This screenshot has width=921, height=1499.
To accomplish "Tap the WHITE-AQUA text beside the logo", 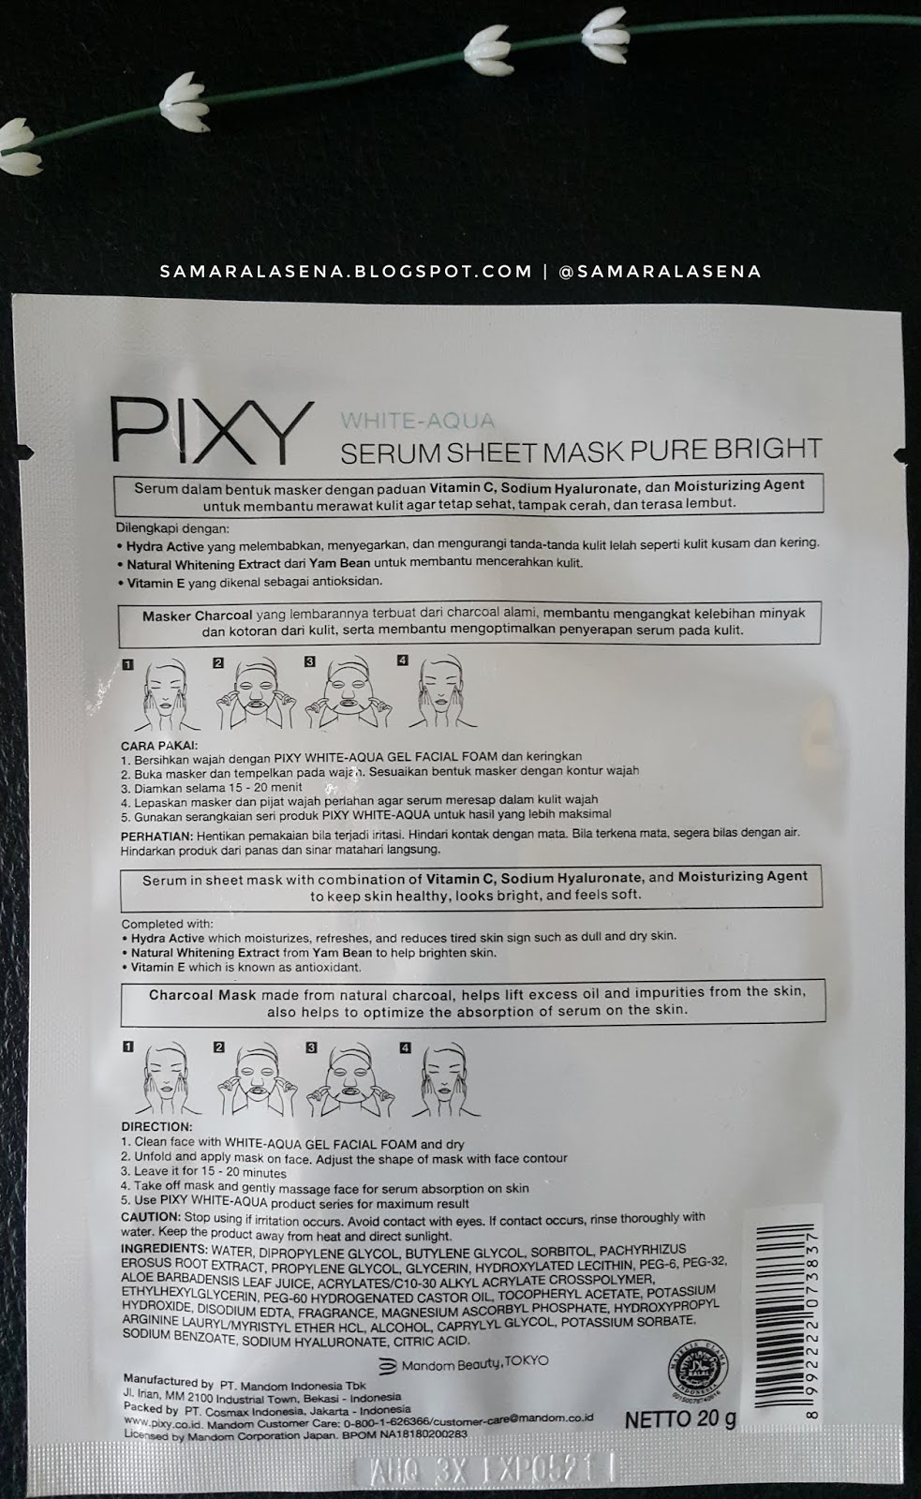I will [x=417, y=422].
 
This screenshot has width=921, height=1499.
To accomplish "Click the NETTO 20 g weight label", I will [x=680, y=1418].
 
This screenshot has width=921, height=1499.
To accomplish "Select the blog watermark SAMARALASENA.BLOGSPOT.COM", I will [x=346, y=272].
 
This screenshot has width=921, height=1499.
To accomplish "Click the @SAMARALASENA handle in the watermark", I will [x=659, y=272].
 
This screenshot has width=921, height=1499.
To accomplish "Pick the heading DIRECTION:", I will [x=156, y=1127].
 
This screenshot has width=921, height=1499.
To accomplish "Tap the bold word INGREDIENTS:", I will [x=164, y=1250].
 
